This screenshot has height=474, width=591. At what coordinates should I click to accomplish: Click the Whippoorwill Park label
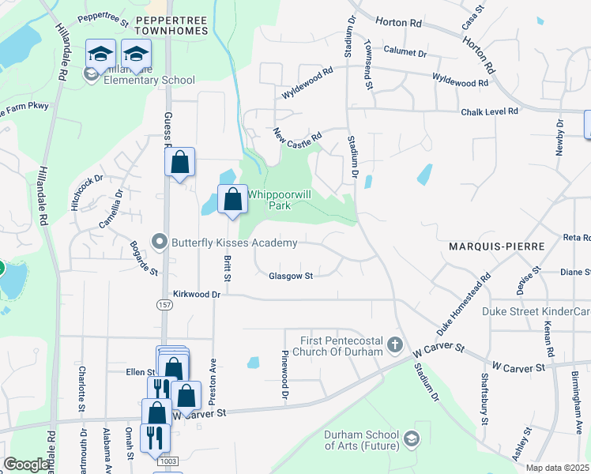click(269, 200)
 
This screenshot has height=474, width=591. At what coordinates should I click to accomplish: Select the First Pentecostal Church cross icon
click(396, 345)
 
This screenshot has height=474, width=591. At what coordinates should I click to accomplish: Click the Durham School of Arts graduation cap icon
click(411, 438)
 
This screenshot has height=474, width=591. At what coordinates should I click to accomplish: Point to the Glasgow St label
click(291, 276)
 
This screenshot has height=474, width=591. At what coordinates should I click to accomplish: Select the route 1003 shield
click(168, 461)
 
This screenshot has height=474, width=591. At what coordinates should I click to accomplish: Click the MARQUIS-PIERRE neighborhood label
click(496, 247)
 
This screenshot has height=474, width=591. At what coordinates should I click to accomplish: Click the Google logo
click(25, 465)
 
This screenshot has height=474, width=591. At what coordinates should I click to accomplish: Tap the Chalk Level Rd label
click(490, 112)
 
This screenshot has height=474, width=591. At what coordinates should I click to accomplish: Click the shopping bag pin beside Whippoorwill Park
click(232, 200)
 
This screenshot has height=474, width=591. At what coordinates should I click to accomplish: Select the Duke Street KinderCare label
click(536, 311)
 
